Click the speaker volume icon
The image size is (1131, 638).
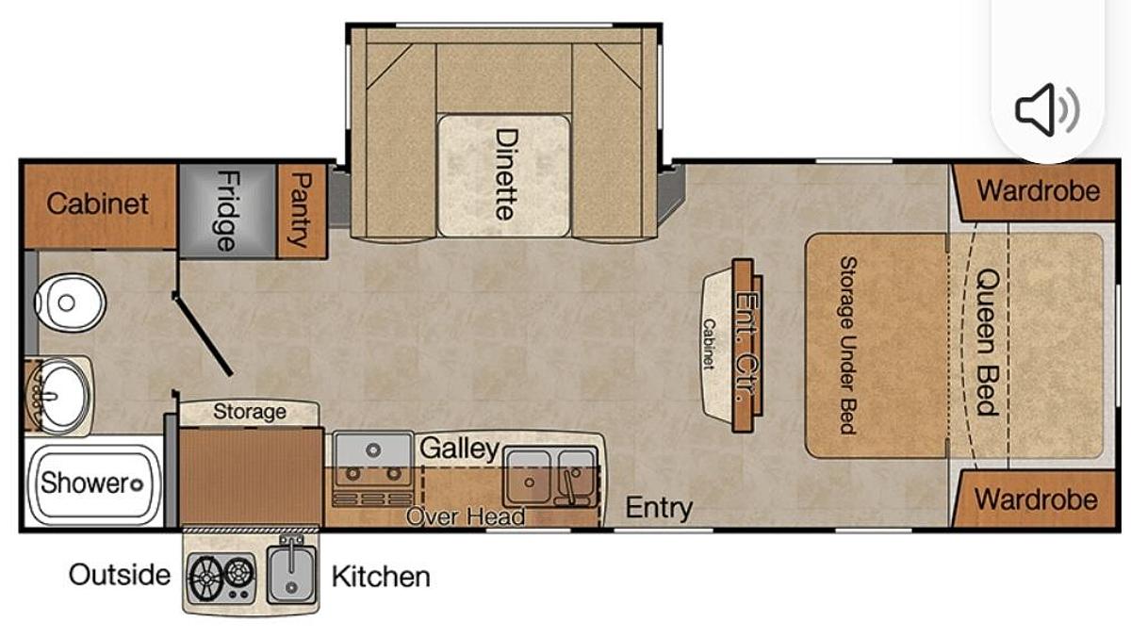pos(1047,109)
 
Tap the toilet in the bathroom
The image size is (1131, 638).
pos(70,303)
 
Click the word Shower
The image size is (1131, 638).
pos(86,483)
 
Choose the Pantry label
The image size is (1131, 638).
pos(302,210)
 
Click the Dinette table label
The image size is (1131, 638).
pos(506,174)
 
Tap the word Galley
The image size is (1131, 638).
pos(459,449)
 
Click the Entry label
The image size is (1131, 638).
pos(659,507)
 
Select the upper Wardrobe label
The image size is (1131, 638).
pos(1038,190)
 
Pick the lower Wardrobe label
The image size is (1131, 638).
pos(1036,499)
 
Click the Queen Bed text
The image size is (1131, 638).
pos(987,342)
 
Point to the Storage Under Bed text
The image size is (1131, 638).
pos(848,345)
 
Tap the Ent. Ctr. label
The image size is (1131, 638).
pos(746,348)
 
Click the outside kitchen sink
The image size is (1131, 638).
pos(291,575)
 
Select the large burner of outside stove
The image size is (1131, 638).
pos(206,578)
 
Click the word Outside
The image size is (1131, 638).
pos(120,575)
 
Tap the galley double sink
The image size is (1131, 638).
pos(551,477)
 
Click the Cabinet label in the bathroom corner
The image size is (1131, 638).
pos(97,204)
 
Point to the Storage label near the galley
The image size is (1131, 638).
pos(250,412)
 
